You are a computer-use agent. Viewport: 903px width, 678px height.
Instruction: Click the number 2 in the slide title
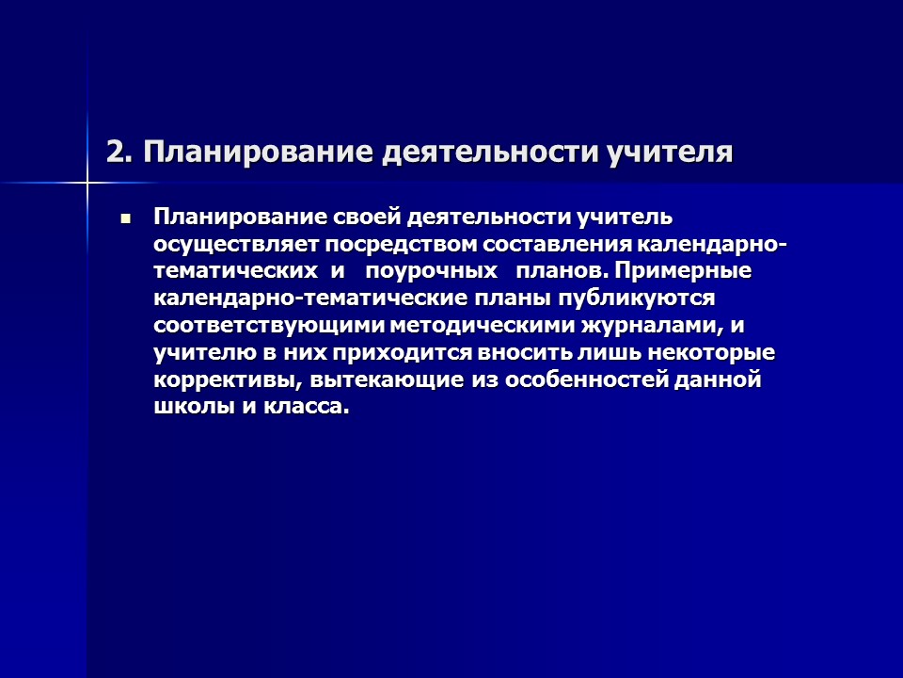[x=115, y=153]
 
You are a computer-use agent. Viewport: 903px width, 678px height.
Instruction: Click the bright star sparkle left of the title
[x=87, y=179]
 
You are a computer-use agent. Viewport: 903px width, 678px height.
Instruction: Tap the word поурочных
[x=432, y=272]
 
